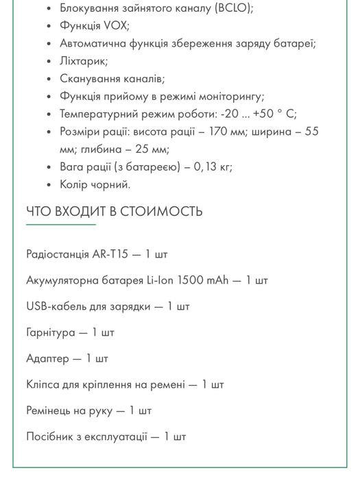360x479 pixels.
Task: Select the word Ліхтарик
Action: coord(84,62)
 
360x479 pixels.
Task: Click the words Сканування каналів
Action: coord(112,79)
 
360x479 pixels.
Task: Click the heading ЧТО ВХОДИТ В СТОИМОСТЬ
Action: coord(115,211)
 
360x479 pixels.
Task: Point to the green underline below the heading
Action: coord(60,224)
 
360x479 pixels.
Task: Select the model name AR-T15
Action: coord(110,254)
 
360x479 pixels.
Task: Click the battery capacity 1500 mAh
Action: coord(204,280)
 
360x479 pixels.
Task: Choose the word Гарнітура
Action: coord(51,332)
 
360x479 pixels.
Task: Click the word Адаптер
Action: coord(47,358)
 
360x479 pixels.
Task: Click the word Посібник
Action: coord(49,437)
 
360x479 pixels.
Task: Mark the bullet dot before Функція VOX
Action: coord(49,27)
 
